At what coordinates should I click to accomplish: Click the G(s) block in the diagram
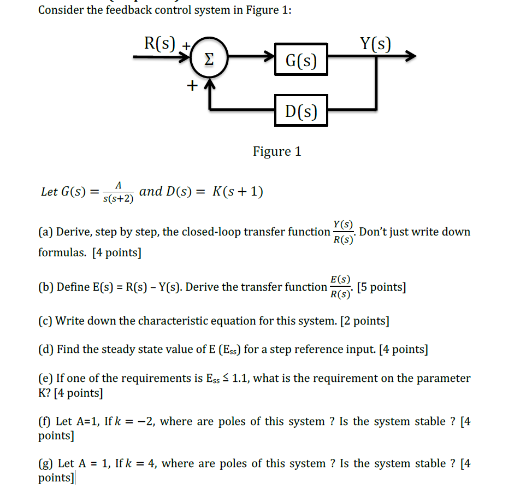coord(301,60)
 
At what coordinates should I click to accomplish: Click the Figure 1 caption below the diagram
coord(277,151)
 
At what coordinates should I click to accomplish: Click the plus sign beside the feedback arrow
coord(191,85)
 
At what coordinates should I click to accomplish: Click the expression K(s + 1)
coord(238,192)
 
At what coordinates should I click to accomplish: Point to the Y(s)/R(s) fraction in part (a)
coord(343,232)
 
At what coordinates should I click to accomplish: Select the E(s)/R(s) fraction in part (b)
coord(340,287)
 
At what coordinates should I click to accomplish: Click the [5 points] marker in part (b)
coord(381,287)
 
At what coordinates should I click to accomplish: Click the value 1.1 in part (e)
coord(241,378)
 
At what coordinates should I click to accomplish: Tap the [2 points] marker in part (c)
coord(364,321)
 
